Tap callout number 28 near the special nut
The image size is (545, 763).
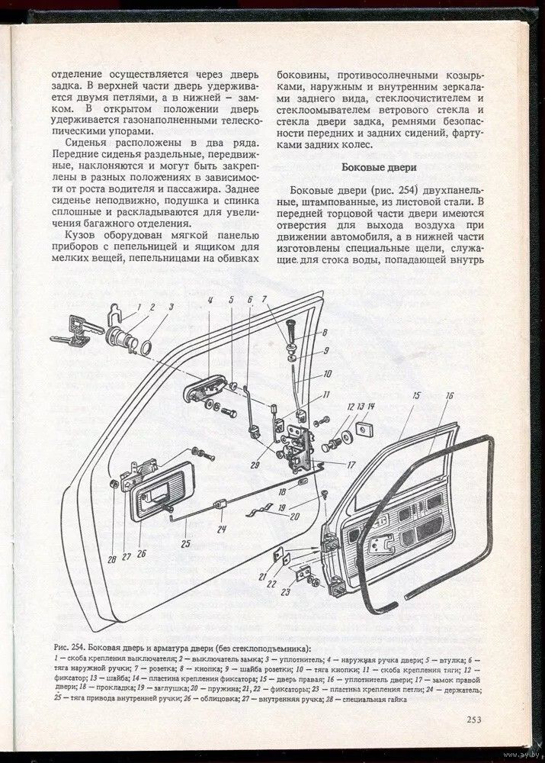pyautogui.click(x=112, y=560)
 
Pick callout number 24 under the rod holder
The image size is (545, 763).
pyautogui.click(x=221, y=529)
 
